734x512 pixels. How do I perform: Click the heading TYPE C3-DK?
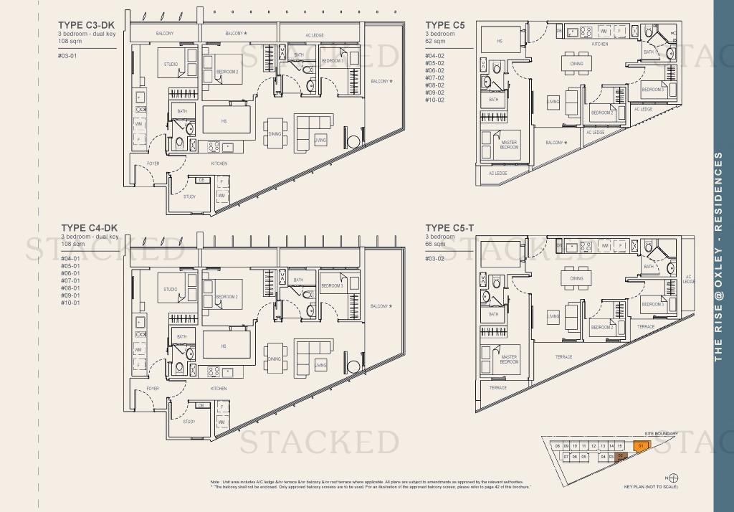tap(91, 25)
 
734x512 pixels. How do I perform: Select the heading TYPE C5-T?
tap(450, 228)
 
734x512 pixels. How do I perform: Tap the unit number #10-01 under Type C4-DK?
tap(70, 303)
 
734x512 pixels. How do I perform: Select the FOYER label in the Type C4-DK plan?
tap(153, 389)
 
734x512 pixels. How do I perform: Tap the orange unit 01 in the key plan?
tap(639, 445)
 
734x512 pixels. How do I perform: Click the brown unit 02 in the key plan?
tap(621, 455)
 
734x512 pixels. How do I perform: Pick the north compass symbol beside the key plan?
tap(672, 478)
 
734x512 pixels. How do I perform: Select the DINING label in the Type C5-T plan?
tap(576, 278)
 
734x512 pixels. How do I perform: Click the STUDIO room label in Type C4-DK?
tap(171, 290)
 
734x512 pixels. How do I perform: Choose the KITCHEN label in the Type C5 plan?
tap(600, 44)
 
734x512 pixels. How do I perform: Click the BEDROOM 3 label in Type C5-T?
tap(653, 304)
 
